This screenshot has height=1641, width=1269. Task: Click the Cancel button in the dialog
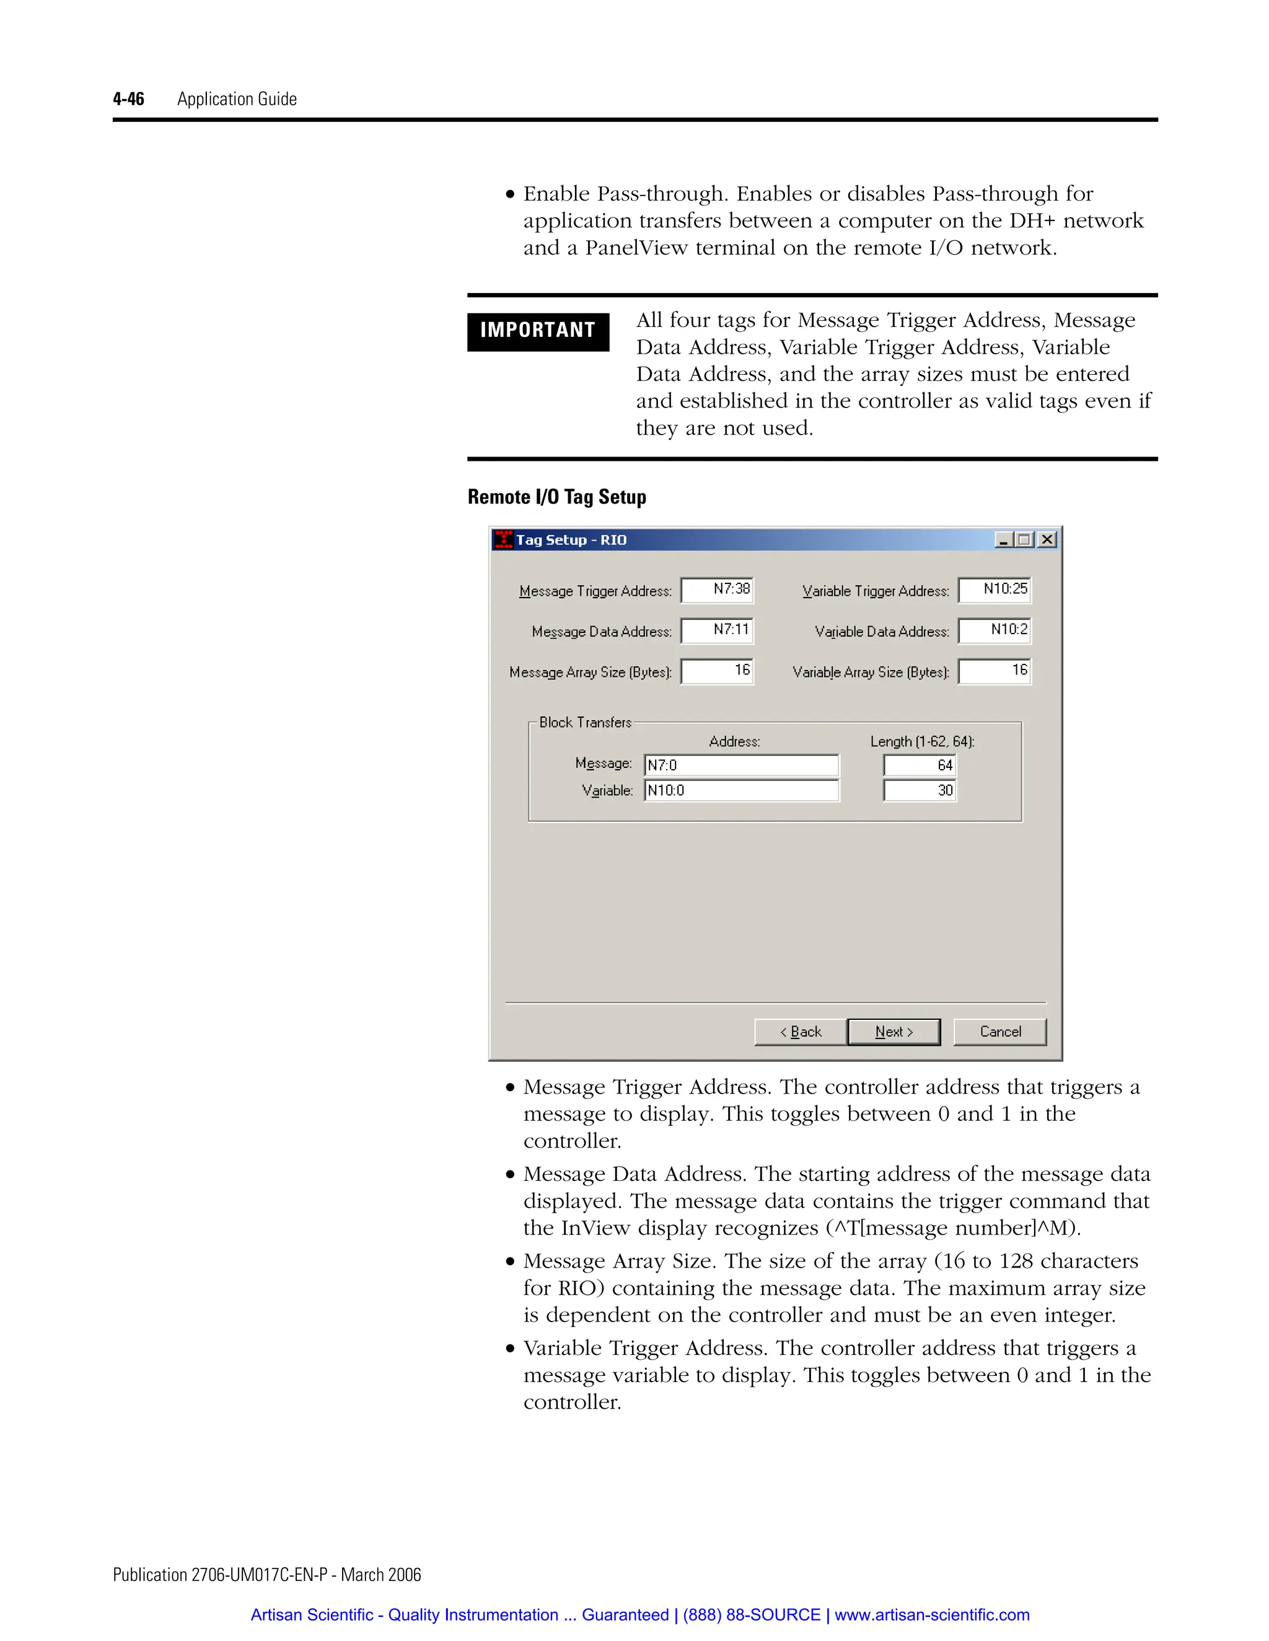pos(1000,1032)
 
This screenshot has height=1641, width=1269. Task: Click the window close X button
pos(1047,539)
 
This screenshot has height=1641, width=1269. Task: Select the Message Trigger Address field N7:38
pos(717,590)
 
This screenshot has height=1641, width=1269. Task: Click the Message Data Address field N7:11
pos(717,630)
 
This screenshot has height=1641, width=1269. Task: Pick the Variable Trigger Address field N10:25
pos(995,590)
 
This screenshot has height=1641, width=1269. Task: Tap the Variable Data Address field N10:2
pos(995,630)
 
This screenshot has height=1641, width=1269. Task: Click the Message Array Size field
pos(717,671)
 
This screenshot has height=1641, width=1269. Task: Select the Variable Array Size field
pos(995,671)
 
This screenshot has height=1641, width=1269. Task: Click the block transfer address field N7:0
pos(741,765)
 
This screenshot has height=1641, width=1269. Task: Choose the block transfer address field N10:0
pos(741,790)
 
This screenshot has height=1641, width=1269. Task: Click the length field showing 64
pos(920,765)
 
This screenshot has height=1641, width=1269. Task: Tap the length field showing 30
pos(920,790)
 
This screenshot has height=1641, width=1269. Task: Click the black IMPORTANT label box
pos(537,331)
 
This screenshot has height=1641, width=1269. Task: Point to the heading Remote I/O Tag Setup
pos(556,497)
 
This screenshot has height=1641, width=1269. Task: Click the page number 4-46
pos(128,99)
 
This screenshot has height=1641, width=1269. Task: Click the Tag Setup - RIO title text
pos(571,539)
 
